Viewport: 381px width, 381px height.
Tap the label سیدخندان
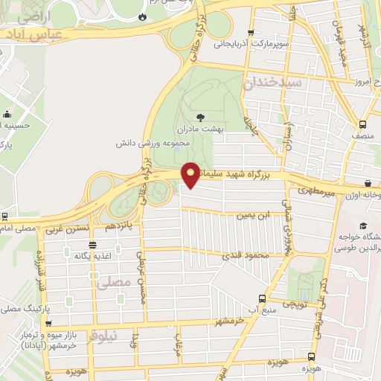coord(272,83)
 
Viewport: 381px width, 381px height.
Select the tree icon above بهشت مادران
coord(200,117)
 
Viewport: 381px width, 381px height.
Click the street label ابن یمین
coord(251,216)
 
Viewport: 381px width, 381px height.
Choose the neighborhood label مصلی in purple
coord(113,281)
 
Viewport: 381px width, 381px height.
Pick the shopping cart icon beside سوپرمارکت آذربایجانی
coord(250,32)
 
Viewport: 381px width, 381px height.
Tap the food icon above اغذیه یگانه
coord(92,245)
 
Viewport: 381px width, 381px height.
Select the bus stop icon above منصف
coord(362,124)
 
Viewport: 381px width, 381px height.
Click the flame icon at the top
coord(142,16)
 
